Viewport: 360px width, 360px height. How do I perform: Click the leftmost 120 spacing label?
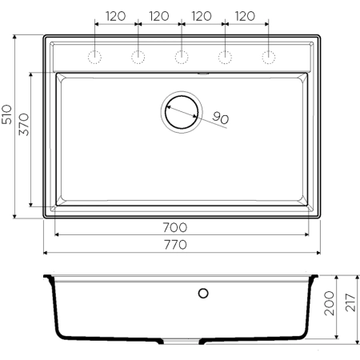(116, 15)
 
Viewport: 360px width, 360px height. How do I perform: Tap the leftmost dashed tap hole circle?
(94, 57)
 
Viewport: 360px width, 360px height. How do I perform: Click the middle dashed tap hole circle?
(182, 57)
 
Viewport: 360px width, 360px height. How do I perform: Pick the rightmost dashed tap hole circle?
(268, 57)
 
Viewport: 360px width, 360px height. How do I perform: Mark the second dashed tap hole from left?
(138, 57)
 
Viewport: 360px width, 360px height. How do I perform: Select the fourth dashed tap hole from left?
(225, 57)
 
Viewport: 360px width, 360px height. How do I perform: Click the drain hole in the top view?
(182, 111)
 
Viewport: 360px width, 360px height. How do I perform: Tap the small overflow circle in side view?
(203, 293)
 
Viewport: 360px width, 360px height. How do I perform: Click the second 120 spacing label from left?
(159, 15)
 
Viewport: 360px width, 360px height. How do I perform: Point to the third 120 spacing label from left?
(202, 15)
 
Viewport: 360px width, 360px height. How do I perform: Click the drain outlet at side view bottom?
(182, 341)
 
